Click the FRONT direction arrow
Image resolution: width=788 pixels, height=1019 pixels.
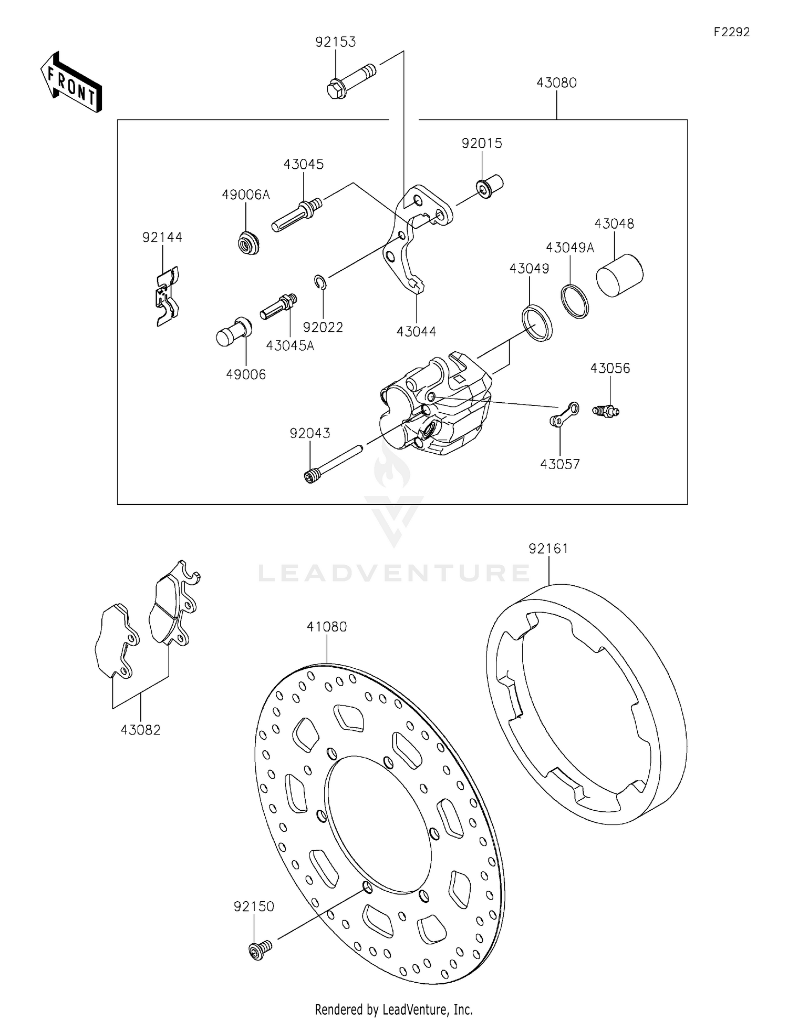click(x=71, y=83)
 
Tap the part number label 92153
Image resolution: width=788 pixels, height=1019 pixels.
click(x=335, y=42)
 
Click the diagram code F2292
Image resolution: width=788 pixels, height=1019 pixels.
click(x=731, y=32)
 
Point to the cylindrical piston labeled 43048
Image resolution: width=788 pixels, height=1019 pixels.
click(x=619, y=275)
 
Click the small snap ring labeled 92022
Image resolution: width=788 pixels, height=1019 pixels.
click(x=321, y=282)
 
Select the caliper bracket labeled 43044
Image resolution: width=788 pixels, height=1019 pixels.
click(x=415, y=237)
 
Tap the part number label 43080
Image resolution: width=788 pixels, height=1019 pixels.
click(x=556, y=83)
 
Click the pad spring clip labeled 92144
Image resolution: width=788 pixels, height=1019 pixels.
click(x=167, y=296)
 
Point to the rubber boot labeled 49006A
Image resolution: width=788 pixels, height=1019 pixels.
click(x=247, y=243)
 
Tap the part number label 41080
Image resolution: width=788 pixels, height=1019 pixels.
click(x=327, y=627)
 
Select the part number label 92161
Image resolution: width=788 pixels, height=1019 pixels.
click(x=548, y=548)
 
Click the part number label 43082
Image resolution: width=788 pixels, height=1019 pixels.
click(x=140, y=730)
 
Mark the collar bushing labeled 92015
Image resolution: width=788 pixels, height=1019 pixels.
click(x=490, y=187)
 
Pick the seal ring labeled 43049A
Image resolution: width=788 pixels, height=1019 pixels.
click(x=575, y=301)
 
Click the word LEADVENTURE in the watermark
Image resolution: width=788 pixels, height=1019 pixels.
click(x=394, y=573)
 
